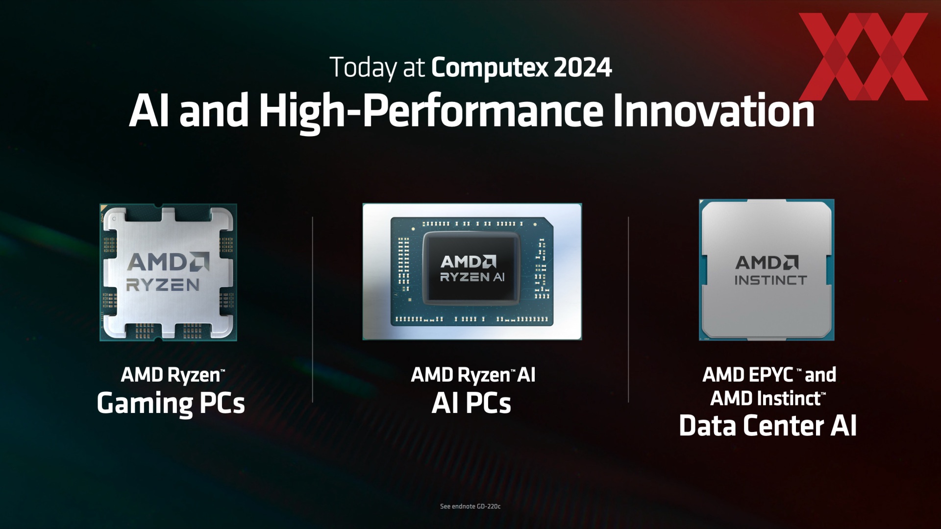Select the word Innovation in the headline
pyautogui.click(x=714, y=110)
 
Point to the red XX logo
pyautogui.click(x=863, y=56)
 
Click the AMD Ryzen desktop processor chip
pyautogui.click(x=168, y=272)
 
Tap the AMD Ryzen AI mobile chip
pyautogui.click(x=472, y=271)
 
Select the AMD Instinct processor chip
pyautogui.click(x=767, y=270)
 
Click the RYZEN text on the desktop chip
pyautogui.click(x=163, y=285)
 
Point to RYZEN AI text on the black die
pyautogui.click(x=472, y=277)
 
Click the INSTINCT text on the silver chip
pyautogui.click(x=770, y=280)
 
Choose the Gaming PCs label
pyautogui.click(x=171, y=404)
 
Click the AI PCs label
pyautogui.click(x=471, y=404)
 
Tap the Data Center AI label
pyautogui.click(x=768, y=425)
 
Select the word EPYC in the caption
pyautogui.click(x=772, y=375)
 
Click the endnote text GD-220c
pyautogui.click(x=488, y=506)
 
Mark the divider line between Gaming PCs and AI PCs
pyautogui.click(x=313, y=310)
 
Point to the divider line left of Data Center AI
pyautogui.click(x=628, y=310)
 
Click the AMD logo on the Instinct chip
pyautogui.click(x=767, y=263)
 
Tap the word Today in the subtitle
pyautogui.click(x=363, y=68)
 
